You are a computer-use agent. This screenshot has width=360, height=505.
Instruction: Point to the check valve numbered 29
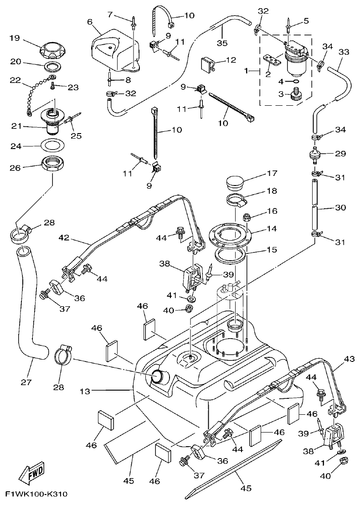tap(314, 154)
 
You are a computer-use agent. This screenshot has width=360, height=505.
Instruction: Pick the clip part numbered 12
tap(207, 65)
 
